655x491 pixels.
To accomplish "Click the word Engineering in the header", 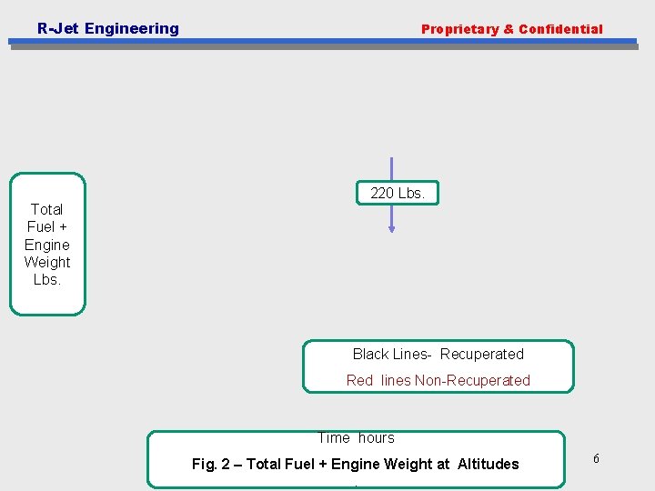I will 131,28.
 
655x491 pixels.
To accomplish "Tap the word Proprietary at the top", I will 459,29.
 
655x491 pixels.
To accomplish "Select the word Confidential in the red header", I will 560,29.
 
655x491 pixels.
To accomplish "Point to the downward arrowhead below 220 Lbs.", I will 392,229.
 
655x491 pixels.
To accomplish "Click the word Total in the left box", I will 46,209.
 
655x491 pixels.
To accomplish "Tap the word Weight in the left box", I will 47,262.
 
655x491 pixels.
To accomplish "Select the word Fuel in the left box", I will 41,226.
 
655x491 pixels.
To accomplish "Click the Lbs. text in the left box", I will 47,279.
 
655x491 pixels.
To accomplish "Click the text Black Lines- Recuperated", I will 438,354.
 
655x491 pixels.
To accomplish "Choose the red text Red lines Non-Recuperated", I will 438,380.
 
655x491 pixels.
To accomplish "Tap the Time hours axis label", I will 356,438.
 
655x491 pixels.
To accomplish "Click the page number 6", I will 596,458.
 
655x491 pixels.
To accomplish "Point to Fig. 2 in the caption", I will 211,464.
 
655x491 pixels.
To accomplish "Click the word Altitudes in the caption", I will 488,464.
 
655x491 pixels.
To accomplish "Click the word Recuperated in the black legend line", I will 482,354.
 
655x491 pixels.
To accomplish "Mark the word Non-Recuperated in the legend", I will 472,380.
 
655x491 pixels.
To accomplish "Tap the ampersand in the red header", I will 509,29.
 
